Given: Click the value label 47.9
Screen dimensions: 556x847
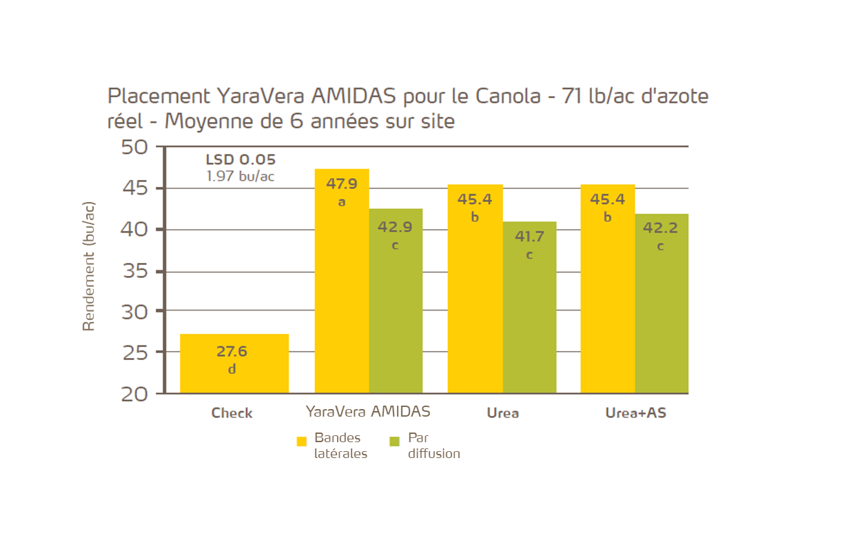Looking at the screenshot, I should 342,185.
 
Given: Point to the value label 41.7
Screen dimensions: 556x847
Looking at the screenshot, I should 529,237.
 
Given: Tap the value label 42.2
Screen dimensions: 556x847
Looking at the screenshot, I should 660,228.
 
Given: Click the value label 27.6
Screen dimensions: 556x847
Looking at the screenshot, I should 232,351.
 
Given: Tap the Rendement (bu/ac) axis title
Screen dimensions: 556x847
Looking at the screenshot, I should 88,266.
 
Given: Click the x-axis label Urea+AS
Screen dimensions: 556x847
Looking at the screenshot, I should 635,413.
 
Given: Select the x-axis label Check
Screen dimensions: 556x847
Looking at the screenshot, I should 232,413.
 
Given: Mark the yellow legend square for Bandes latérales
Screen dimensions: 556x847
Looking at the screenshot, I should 301,441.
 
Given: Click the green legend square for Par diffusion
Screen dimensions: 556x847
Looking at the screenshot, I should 395,441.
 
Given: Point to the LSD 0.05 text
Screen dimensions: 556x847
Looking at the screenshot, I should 241,160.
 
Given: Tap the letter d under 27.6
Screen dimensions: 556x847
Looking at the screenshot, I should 232,370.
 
